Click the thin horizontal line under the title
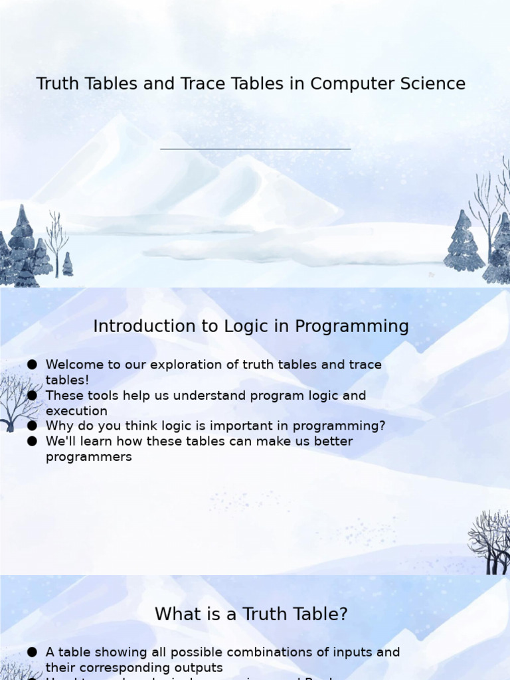(x=255, y=149)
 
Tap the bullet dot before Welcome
(x=32, y=365)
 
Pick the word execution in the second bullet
(x=76, y=411)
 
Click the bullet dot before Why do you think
(x=32, y=426)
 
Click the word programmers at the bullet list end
(x=88, y=457)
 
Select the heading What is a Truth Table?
(x=251, y=614)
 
